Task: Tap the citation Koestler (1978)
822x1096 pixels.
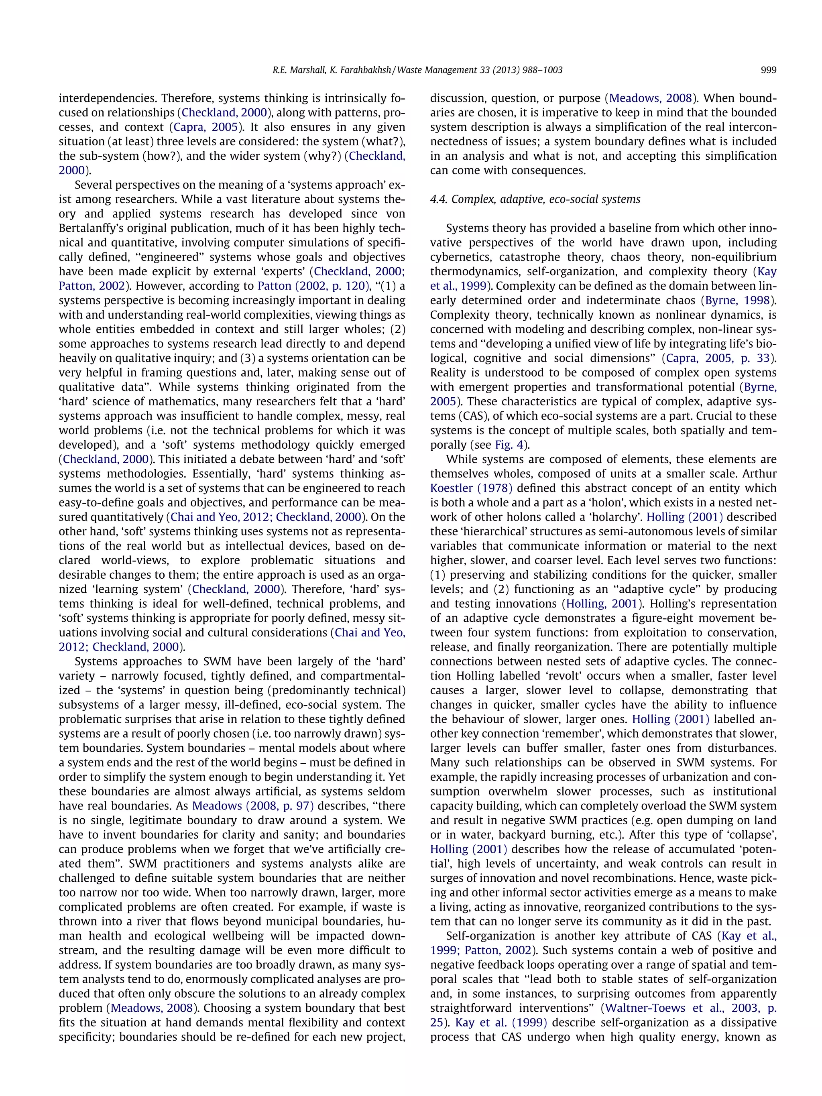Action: (x=471, y=488)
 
